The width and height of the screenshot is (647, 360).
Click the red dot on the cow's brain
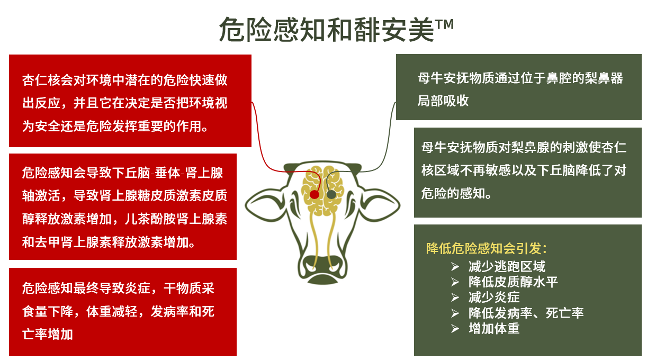click(314, 194)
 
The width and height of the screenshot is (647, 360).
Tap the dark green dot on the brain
click(331, 194)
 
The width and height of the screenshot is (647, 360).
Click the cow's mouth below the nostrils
click(322, 280)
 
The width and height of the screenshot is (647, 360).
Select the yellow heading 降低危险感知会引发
click(487, 248)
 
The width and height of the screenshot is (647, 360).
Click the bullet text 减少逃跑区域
click(507, 266)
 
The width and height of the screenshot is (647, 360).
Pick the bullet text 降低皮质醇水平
click(513, 282)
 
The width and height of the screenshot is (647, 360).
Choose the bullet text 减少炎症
click(494, 298)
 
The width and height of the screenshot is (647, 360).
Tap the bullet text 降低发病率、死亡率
click(526, 313)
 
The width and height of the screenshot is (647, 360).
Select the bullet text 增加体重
click(494, 329)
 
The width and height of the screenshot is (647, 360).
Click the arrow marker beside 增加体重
click(455, 329)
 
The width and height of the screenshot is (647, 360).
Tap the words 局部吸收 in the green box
click(443, 101)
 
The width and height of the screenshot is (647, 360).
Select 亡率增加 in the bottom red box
click(48, 334)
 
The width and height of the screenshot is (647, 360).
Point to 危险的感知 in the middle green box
click(453, 193)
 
